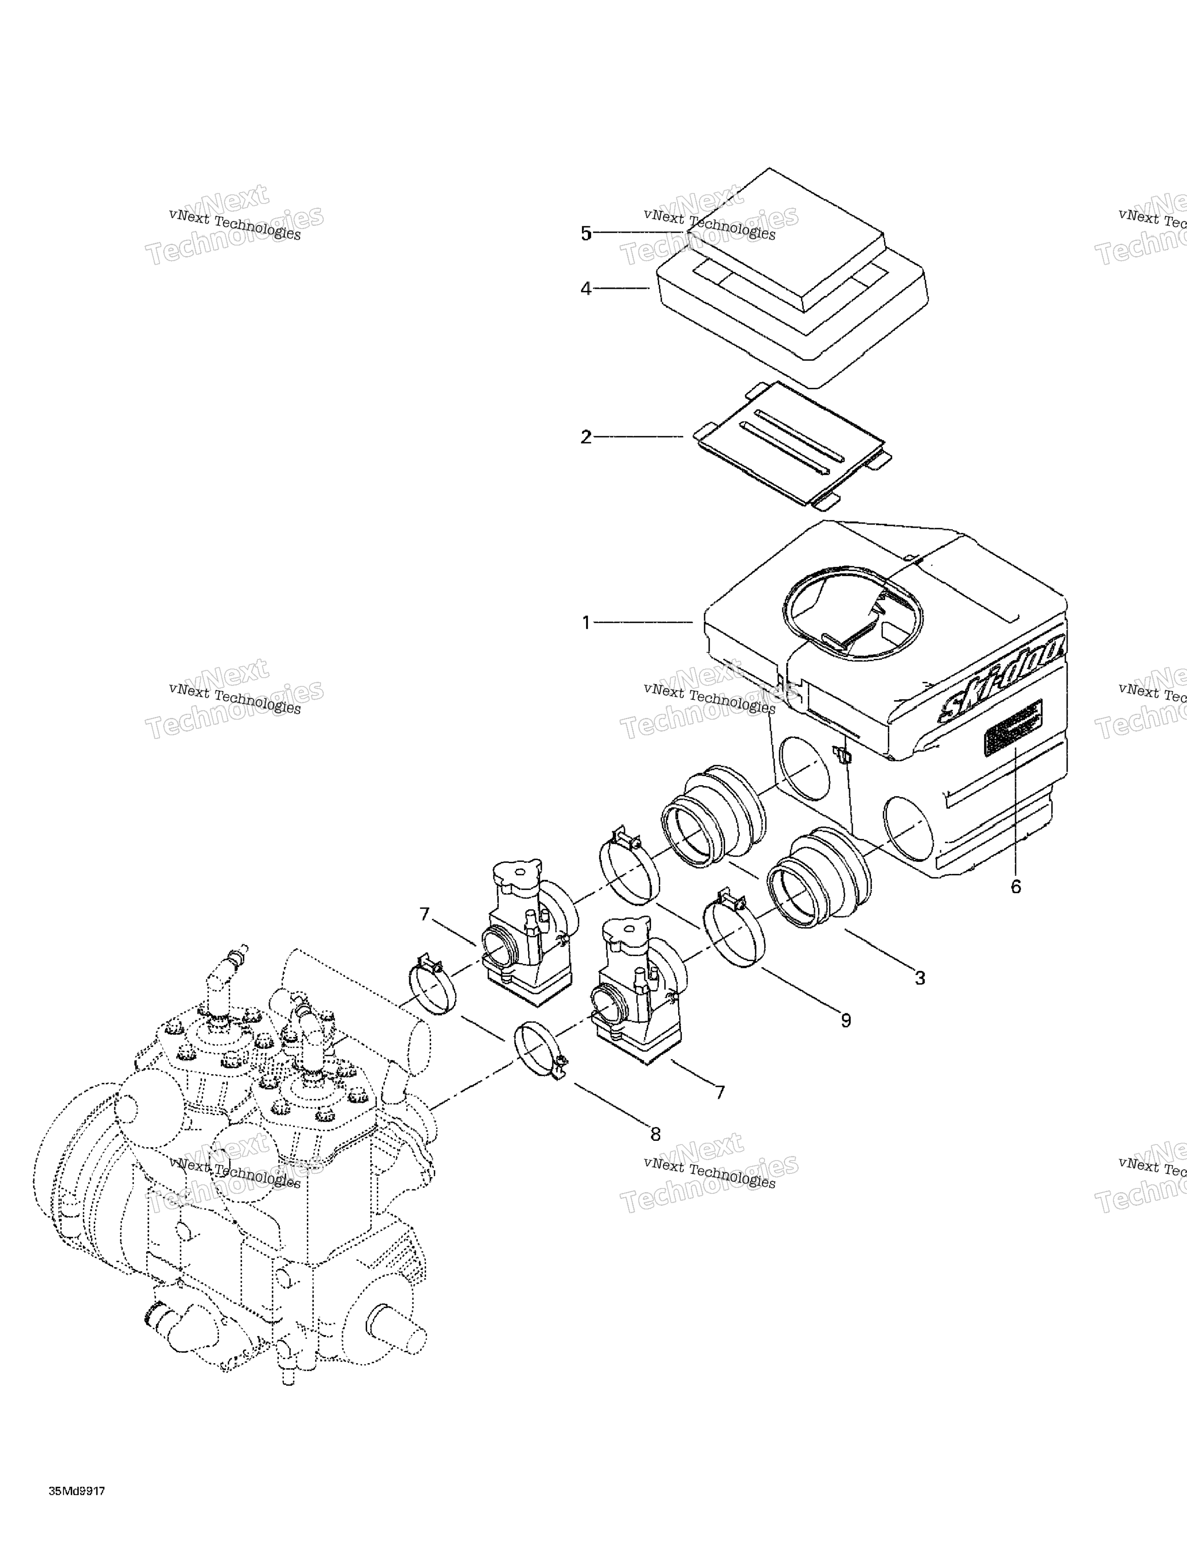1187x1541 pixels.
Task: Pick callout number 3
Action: tap(920, 978)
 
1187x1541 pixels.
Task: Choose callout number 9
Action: tap(845, 1020)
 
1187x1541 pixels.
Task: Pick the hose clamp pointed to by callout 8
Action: tap(540, 1050)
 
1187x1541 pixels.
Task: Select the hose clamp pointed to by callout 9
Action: tap(734, 936)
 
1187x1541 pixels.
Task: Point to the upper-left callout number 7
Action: tap(424, 915)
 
